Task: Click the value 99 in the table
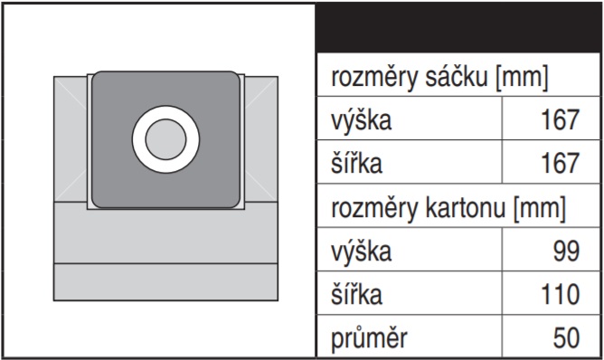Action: [x=566, y=251]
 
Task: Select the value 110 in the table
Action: [x=560, y=295]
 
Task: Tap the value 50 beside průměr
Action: [x=566, y=338]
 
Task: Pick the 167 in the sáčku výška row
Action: [x=560, y=120]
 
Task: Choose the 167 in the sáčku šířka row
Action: [x=560, y=163]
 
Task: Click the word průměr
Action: [x=369, y=338]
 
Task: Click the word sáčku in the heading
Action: [x=457, y=77]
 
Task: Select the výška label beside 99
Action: [x=361, y=251]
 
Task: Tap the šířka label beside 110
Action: [x=356, y=294]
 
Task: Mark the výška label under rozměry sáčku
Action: [x=361, y=120]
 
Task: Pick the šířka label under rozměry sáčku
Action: [x=356, y=163]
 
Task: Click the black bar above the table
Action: [x=458, y=28]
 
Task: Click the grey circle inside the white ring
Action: [x=165, y=139]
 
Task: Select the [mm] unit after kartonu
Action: [x=539, y=209]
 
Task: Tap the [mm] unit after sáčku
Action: [x=522, y=78]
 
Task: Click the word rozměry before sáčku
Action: [x=374, y=78]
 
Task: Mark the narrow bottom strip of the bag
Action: [x=165, y=282]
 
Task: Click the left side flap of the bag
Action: [x=71, y=138]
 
